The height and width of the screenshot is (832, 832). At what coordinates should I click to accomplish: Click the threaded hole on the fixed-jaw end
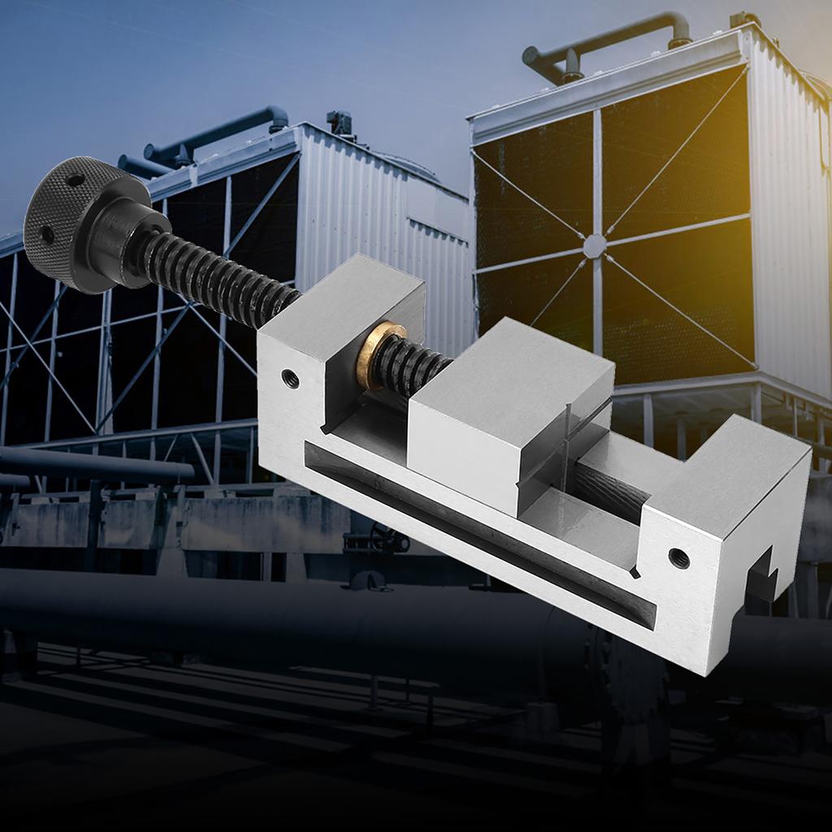point(678,558)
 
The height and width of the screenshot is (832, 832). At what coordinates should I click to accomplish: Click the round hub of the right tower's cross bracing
point(595,245)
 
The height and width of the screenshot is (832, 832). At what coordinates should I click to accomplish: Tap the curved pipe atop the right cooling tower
point(609,41)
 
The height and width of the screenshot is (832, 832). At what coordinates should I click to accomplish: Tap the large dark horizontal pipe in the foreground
point(244,617)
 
